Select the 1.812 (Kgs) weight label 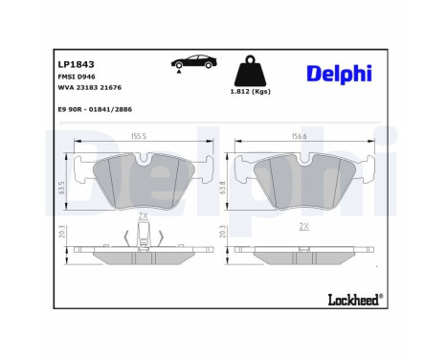click(250, 102)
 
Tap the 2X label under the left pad click(143, 217)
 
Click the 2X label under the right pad click(303, 226)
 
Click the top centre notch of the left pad click(144, 161)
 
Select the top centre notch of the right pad click(304, 161)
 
